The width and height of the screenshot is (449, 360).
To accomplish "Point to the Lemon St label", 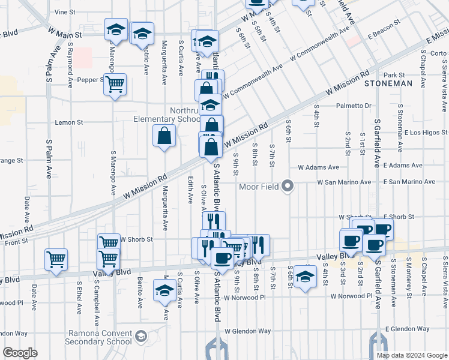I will tap(68, 122).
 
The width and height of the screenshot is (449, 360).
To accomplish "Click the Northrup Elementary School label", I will tap(167, 114).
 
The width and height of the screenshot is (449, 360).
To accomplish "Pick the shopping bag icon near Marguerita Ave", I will tap(164, 136).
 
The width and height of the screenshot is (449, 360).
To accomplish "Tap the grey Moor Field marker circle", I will tap(287, 186).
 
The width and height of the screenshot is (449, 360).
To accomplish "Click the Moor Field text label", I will tap(258, 187).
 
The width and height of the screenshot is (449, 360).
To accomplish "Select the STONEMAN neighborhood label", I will tap(388, 84).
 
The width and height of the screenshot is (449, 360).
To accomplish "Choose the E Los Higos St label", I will tap(426, 133).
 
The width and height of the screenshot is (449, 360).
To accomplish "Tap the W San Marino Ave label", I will tap(344, 182).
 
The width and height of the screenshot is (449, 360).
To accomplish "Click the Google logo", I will tap(20, 353).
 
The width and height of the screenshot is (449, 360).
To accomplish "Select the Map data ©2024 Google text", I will tap(412, 355).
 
